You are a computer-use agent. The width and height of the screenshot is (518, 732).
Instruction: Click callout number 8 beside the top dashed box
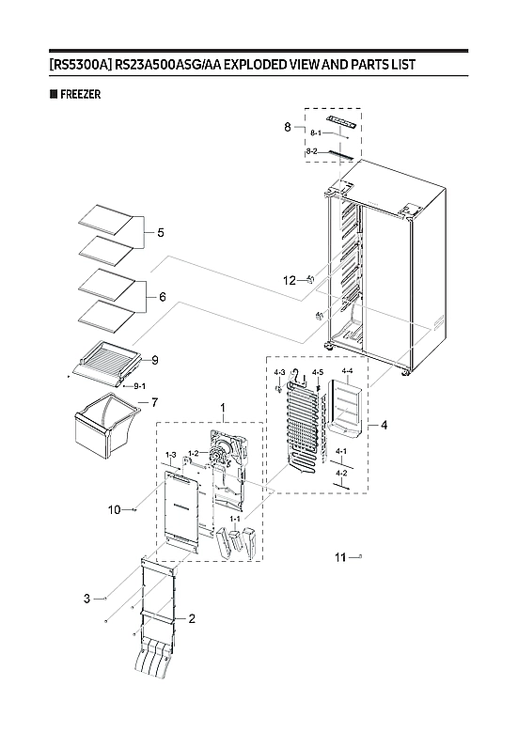289,127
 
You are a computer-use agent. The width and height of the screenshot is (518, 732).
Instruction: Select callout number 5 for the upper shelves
160,232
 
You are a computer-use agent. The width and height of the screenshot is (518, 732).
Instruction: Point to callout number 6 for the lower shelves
162,297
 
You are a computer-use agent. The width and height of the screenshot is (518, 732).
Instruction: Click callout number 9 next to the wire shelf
154,360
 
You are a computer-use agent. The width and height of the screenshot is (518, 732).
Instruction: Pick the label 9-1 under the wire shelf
138,386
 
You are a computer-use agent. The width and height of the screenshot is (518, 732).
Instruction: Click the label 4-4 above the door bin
347,371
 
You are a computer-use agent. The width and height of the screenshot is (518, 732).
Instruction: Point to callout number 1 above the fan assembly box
223,410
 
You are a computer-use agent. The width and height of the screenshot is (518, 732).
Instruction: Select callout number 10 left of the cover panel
114,510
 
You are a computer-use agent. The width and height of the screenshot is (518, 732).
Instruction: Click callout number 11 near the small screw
342,558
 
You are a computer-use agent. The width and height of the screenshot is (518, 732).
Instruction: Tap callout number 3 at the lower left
86,599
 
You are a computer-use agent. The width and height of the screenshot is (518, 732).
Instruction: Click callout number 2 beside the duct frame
192,618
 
